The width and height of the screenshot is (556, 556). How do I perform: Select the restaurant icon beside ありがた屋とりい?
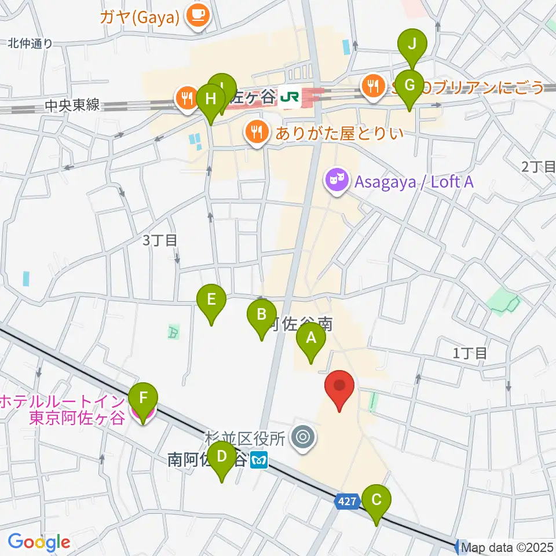(x=256, y=133)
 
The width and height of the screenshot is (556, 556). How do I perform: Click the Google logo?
(x=39, y=542)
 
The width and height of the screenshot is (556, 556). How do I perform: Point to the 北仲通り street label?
(x=30, y=43)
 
